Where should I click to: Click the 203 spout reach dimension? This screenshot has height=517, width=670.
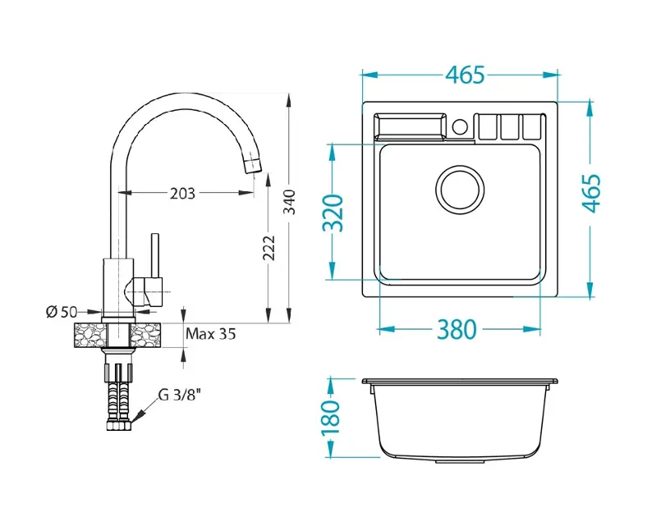182,194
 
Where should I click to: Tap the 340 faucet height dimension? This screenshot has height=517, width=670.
290,202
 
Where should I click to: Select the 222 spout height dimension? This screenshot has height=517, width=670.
268,248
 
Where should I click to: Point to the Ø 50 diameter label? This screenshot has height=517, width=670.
62,312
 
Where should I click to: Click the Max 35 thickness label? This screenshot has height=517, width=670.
211,333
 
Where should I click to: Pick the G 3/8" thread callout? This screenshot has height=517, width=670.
180,396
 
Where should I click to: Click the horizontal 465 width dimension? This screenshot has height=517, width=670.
466,75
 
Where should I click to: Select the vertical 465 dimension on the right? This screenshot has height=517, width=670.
592,193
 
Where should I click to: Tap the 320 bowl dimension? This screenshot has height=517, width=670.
333,213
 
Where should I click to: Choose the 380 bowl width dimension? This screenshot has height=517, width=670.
457,329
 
